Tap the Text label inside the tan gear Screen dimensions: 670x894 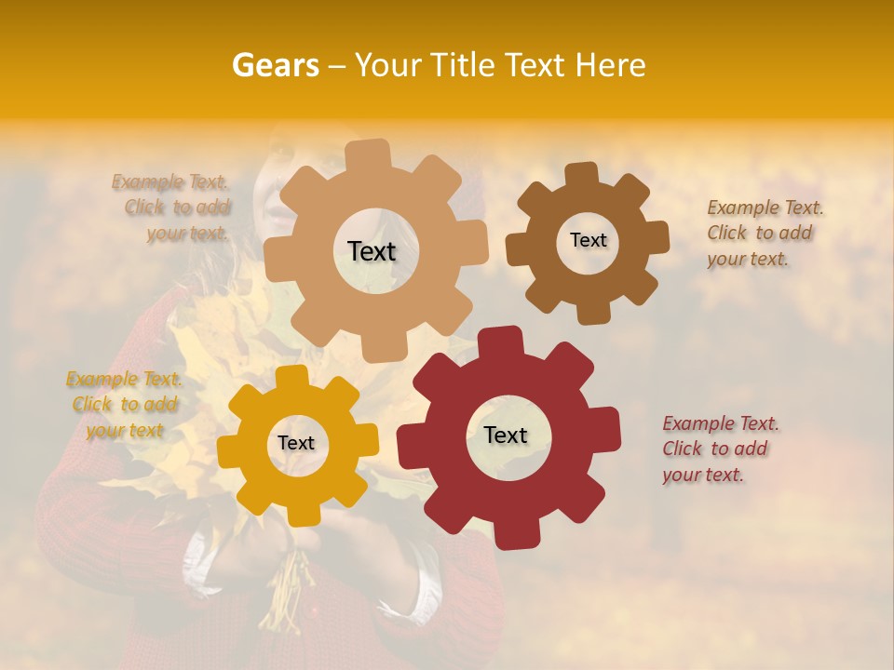(x=372, y=251)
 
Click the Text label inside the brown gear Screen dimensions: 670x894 (x=588, y=240)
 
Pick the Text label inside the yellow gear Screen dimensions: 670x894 (x=296, y=444)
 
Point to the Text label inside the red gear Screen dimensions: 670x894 (x=506, y=435)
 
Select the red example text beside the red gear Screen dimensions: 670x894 (x=720, y=449)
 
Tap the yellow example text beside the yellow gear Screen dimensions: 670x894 (x=124, y=405)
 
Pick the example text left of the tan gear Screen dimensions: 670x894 (x=173, y=208)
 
